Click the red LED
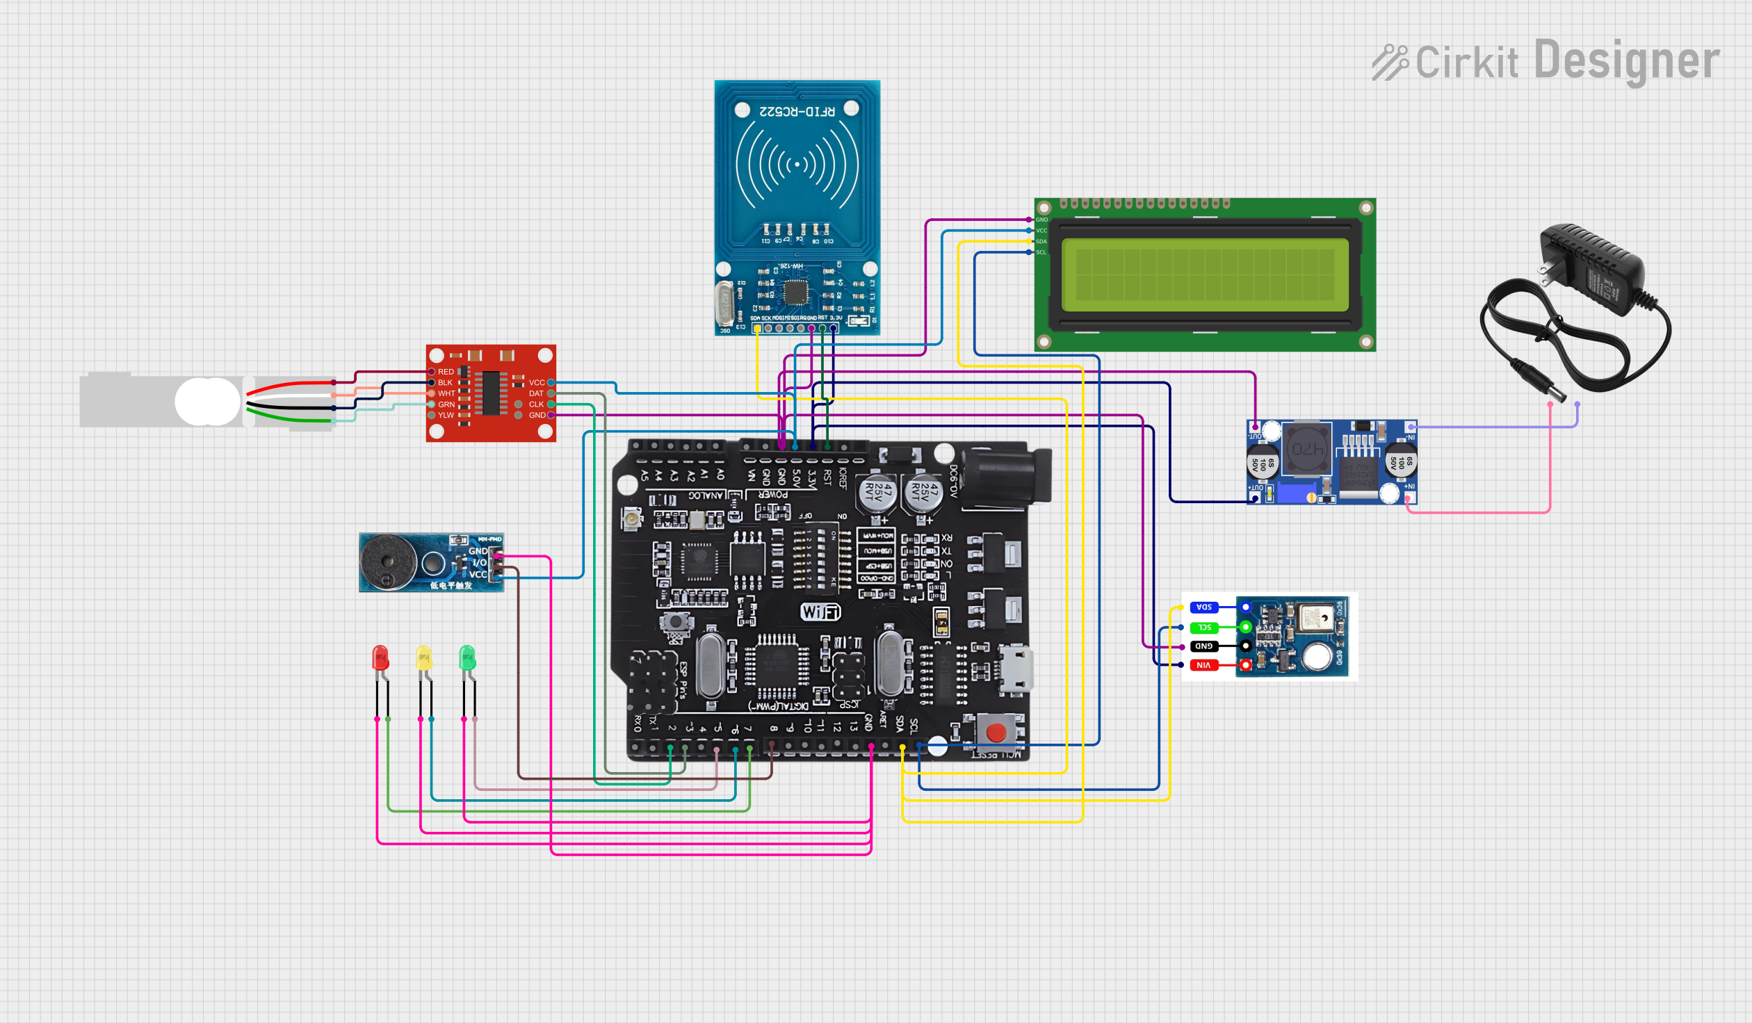(380, 657)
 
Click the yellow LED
(423, 657)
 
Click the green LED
(467, 657)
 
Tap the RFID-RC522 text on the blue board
(797, 111)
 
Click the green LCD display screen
(1205, 275)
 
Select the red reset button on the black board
(996, 732)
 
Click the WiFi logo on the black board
(820, 612)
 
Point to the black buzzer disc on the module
(388, 562)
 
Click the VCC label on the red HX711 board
(537, 382)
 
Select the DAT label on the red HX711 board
(536, 393)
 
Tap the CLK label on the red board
(536, 404)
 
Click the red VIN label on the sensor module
(1203, 665)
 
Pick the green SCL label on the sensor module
(1204, 628)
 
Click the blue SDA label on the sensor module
(1204, 607)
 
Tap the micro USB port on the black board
(1016, 669)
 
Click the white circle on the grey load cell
(207, 402)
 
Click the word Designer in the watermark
(1627, 61)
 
